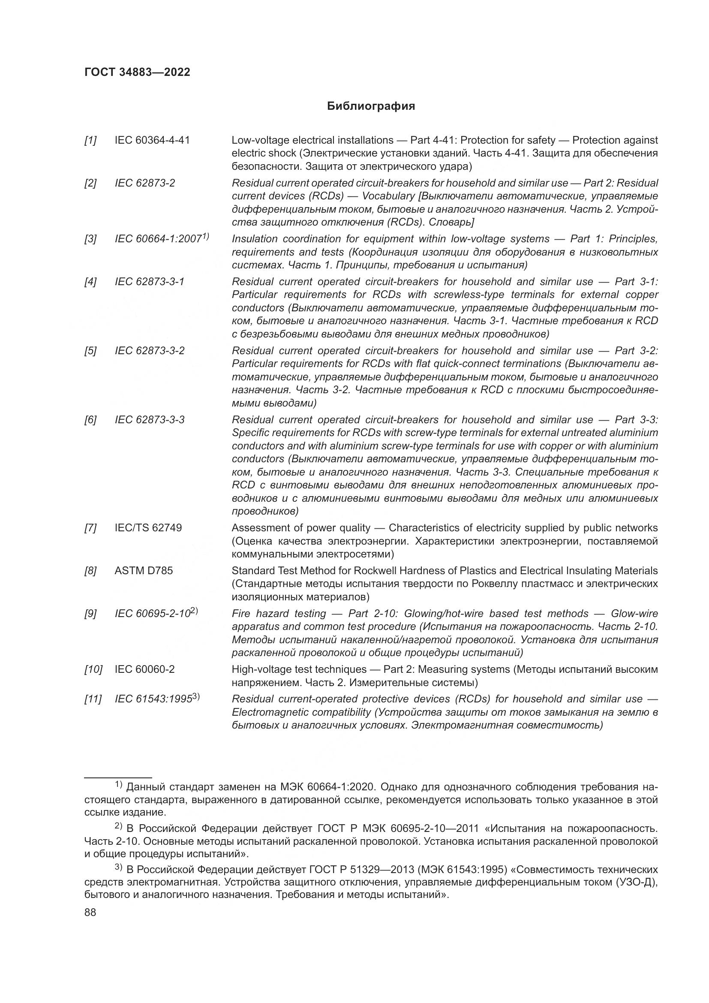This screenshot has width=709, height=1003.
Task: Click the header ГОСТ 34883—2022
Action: point(137,72)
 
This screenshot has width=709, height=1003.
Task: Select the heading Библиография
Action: point(371,106)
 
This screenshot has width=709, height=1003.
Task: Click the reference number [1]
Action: point(90,140)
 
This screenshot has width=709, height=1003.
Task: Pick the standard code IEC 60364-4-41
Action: point(152,140)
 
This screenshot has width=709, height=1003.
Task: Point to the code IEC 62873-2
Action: point(144,183)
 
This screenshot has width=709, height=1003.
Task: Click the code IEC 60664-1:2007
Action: point(158,239)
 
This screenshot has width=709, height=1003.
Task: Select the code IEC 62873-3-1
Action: point(149,282)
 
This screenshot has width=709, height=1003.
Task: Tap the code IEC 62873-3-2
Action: point(149,351)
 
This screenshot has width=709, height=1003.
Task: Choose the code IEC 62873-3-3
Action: point(149,420)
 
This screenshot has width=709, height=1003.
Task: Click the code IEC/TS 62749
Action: point(148,528)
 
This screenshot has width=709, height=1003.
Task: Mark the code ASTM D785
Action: point(144,571)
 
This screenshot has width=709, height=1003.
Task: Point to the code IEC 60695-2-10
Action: point(152,614)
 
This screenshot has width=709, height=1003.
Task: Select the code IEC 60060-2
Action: point(144,669)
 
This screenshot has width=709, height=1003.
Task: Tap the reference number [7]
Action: point(90,528)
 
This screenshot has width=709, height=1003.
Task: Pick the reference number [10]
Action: point(93,669)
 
